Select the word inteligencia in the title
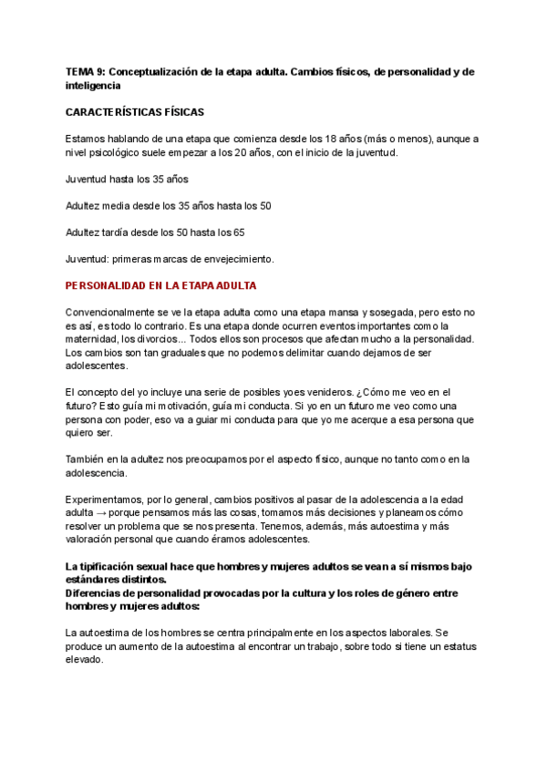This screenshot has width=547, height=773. (94, 85)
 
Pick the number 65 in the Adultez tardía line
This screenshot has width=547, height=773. (238, 232)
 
